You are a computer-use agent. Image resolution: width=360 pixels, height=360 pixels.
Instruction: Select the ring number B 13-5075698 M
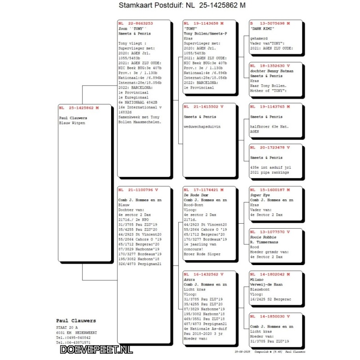270,23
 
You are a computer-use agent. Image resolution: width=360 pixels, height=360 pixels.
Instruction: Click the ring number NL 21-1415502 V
203,107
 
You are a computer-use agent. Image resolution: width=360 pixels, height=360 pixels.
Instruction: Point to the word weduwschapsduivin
202,126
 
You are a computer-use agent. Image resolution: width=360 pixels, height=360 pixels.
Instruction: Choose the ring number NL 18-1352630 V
270,65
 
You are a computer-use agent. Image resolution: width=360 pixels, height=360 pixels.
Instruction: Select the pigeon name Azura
189,279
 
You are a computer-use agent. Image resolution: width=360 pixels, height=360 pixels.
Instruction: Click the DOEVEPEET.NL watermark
96,349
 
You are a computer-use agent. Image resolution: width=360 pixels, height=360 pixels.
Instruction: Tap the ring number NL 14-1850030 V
270,316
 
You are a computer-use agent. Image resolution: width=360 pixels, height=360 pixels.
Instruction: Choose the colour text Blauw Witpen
72,122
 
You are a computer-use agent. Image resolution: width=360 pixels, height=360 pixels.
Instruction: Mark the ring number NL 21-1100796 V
137,189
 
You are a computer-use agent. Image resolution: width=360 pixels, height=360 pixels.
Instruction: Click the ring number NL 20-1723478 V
270,147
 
